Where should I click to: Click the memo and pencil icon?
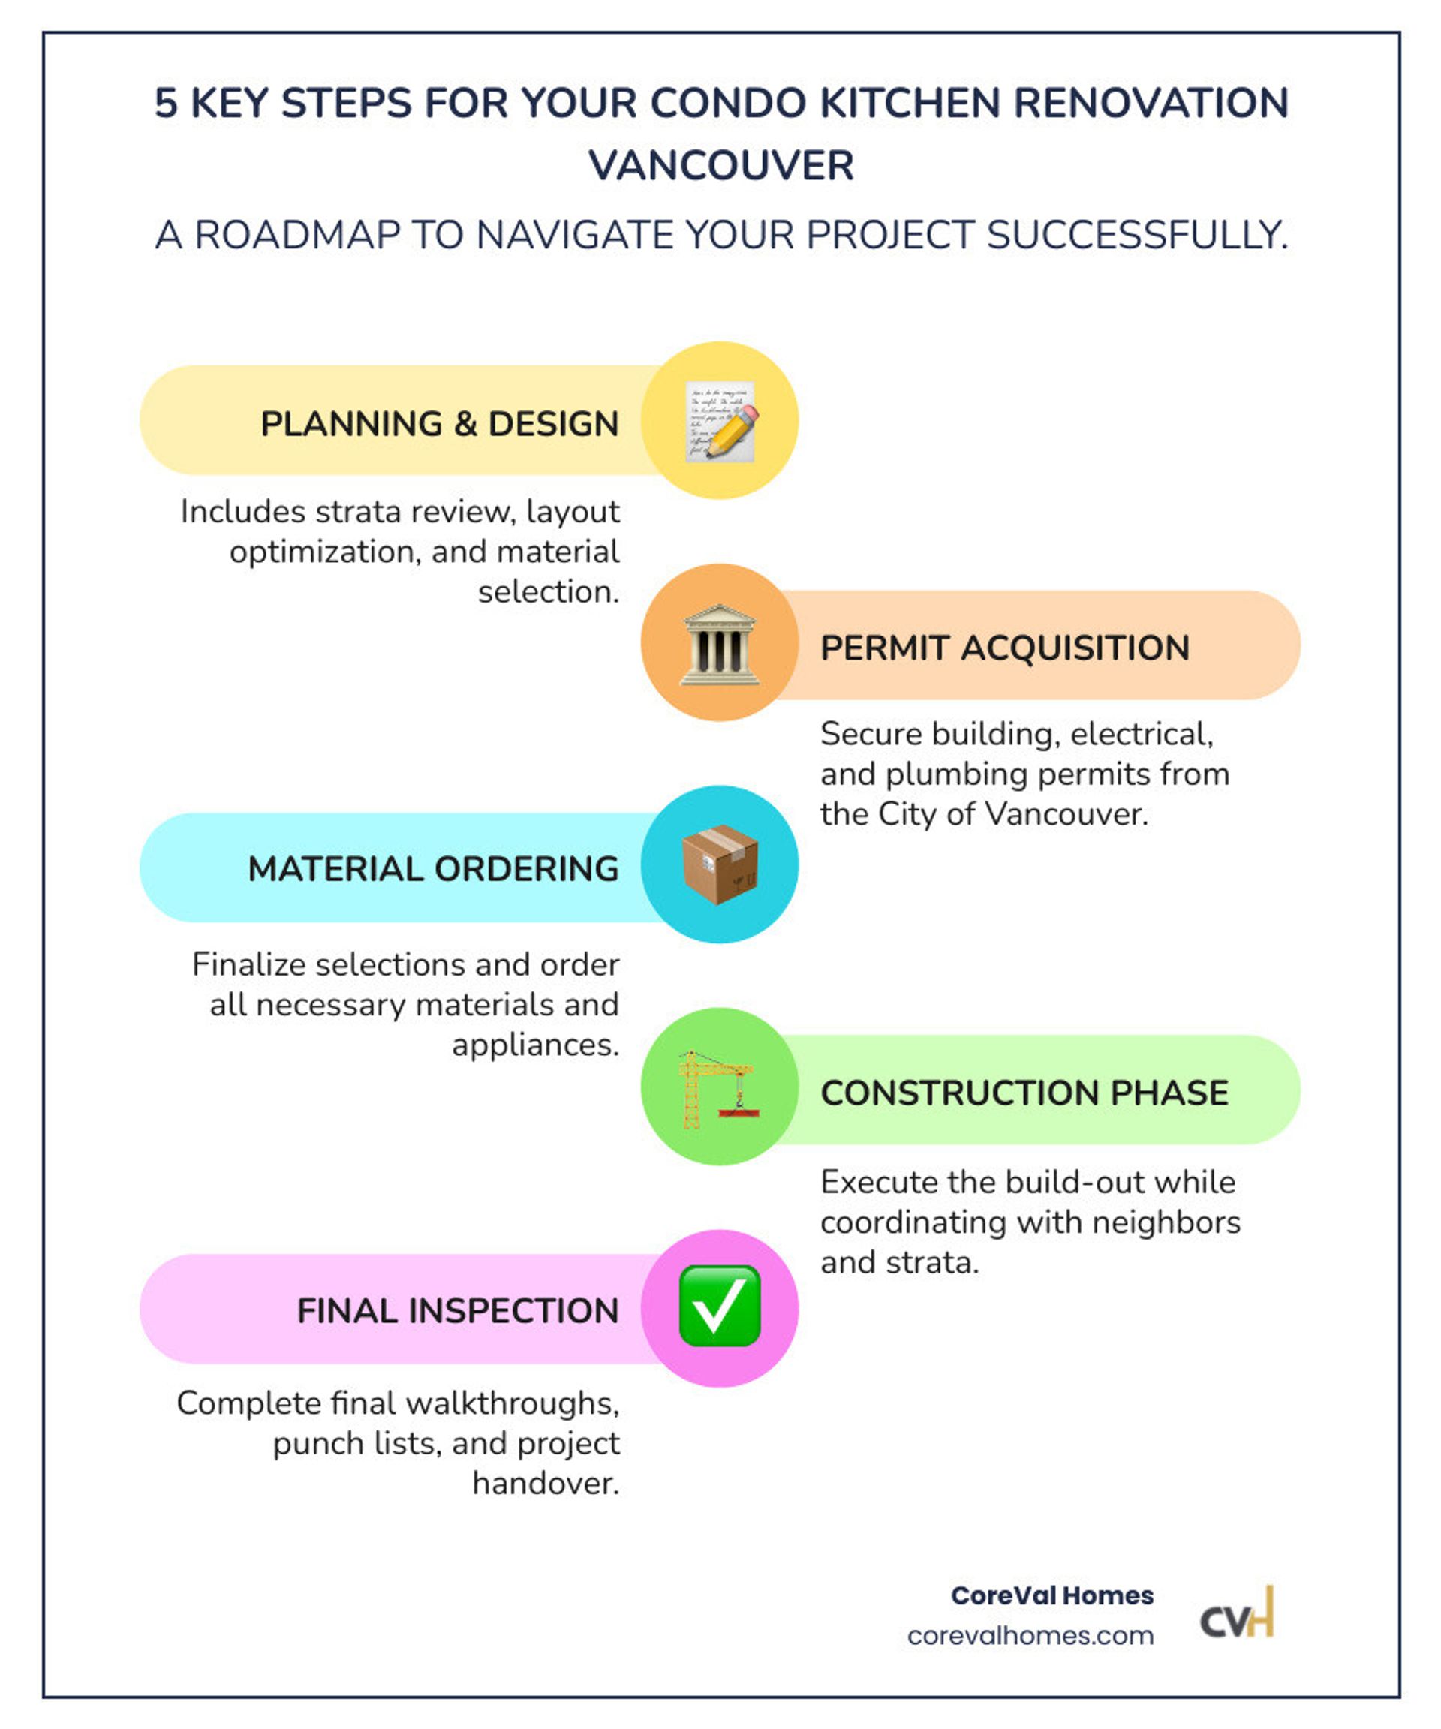720,421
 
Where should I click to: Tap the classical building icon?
719,644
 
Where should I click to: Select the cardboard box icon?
720,864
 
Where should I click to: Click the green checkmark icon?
720,1306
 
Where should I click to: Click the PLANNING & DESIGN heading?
439,424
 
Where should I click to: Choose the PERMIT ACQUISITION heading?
1005,648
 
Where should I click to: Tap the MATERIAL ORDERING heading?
433,868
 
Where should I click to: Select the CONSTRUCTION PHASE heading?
1024,1093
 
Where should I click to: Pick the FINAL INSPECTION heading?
458,1311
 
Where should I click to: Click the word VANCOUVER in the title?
721,166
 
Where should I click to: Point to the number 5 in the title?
166,104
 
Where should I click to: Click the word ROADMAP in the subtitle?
296,235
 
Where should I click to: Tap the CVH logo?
1237,1612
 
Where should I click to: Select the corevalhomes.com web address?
1030,1635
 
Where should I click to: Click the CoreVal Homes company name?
1051,1595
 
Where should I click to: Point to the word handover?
546,1484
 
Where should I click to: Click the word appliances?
535,1045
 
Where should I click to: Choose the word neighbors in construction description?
1166,1222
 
